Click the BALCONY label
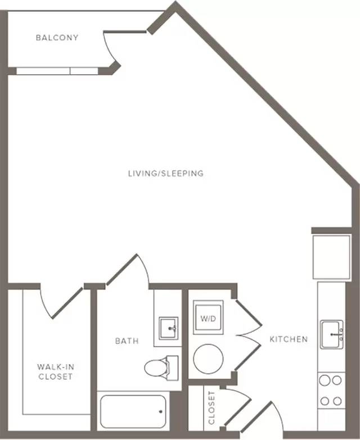[x=57, y=38]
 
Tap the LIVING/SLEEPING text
[x=166, y=174]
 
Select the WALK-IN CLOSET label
[x=56, y=371]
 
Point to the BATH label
[x=127, y=341]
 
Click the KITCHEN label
[x=289, y=339]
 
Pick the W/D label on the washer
[x=208, y=319]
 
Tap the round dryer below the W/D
[x=208, y=359]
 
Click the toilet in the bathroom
[x=161, y=368]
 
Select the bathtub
[x=133, y=411]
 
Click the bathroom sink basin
[x=169, y=328]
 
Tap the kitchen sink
[x=332, y=334]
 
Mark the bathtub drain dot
[x=161, y=412]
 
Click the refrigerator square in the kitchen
[x=332, y=257]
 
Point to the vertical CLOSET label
[x=211, y=408]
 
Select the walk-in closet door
[x=67, y=303]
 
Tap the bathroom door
[x=121, y=269]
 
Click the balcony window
[x=57, y=71]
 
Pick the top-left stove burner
[x=325, y=380]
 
